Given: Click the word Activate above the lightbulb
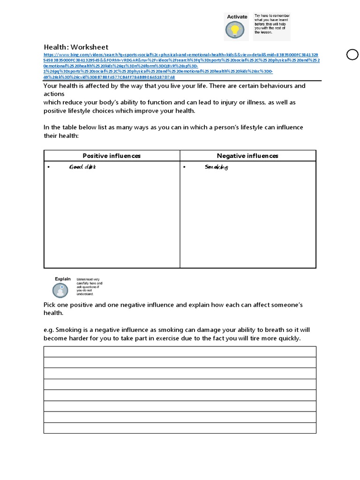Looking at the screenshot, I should point(237,17).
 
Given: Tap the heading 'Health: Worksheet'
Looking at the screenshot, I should point(76,47).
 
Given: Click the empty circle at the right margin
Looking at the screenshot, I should point(352,55).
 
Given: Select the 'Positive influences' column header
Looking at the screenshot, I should point(112,156).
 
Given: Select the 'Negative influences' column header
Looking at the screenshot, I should point(247,156).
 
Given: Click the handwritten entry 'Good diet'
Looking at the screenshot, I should point(82,167).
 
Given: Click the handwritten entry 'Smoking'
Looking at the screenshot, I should point(217,167).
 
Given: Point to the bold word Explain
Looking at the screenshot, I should point(62,279).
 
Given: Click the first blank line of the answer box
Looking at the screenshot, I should point(180,352).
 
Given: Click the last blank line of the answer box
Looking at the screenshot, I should point(180,428).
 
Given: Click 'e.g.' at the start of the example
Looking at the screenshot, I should point(49,330).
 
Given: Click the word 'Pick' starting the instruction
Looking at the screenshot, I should point(50,305).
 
